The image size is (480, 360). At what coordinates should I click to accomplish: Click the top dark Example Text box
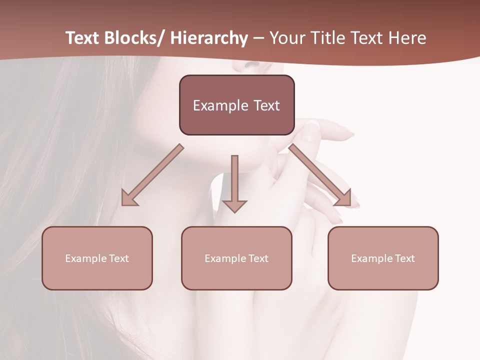tap(236, 105)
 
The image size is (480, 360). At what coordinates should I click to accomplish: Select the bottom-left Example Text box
tap(97, 258)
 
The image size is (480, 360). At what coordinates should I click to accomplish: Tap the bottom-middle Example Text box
tap(236, 258)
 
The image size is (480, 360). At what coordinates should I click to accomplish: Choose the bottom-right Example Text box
tap(383, 258)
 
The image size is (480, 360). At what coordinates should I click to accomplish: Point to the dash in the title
tap(258, 38)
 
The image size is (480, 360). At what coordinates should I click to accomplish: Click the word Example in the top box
tap(220, 105)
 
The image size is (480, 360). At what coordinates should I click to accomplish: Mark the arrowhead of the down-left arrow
tap(129, 198)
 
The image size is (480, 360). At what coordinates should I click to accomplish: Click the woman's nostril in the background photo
tap(252, 64)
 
